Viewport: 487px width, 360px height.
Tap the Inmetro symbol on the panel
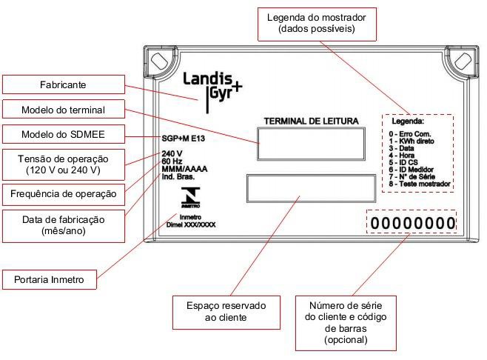[x=190, y=198]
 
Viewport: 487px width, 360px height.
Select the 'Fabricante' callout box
[x=64, y=84]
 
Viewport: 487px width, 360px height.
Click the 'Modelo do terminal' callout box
[x=64, y=109]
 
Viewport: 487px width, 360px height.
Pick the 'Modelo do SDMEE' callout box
[x=64, y=134]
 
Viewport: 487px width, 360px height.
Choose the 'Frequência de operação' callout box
[x=64, y=194]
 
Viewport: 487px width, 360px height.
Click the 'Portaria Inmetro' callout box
[x=50, y=279]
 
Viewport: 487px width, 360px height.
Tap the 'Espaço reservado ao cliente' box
[x=226, y=313]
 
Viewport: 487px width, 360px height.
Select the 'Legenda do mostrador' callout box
[x=317, y=24]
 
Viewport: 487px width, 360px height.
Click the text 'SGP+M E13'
[x=184, y=139]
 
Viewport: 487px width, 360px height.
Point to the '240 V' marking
[x=172, y=153]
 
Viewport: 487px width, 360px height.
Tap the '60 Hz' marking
[x=172, y=161]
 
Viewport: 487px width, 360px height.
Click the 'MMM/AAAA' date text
[x=184, y=169]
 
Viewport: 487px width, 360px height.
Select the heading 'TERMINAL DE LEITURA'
[x=311, y=121]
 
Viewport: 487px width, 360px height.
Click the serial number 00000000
[x=412, y=223]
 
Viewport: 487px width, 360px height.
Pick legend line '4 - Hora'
[x=401, y=155]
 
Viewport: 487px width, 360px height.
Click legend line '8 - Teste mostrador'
[x=420, y=184]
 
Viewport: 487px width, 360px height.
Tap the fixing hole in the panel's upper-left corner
[x=159, y=61]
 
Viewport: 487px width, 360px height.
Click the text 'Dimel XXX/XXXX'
[x=191, y=224]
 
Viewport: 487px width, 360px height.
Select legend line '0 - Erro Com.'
[x=410, y=134]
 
